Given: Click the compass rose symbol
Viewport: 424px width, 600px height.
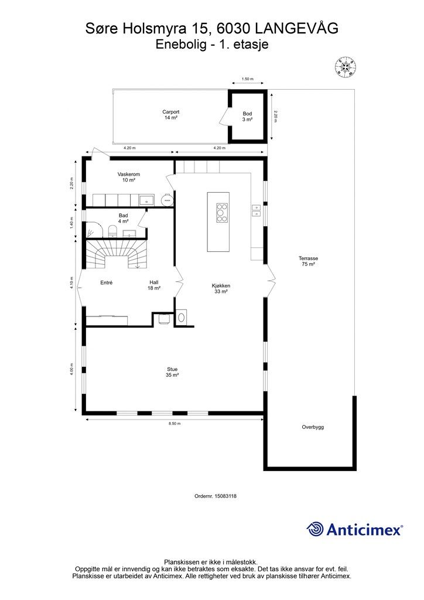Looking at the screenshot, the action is (x=346, y=67).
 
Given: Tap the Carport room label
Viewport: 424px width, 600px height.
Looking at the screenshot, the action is (x=171, y=115).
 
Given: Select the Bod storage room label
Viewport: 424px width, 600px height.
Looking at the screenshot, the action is (x=247, y=117).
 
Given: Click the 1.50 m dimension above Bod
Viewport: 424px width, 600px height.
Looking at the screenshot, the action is (x=248, y=79).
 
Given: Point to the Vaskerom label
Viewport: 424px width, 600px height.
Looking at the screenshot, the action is (x=128, y=177).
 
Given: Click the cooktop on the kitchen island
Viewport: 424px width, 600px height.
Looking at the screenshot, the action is (x=221, y=212).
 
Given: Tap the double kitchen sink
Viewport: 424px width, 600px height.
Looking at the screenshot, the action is (x=256, y=210).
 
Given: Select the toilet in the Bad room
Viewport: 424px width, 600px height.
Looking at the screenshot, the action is (x=112, y=231).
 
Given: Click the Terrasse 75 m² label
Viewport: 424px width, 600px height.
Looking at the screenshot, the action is (x=308, y=261).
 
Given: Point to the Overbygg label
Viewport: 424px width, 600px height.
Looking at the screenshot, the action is (x=313, y=427).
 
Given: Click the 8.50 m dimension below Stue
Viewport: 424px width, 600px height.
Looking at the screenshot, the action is (x=175, y=424).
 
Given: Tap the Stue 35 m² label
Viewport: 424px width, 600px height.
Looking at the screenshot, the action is (x=172, y=372).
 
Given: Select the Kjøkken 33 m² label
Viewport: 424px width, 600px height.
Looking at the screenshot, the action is (x=221, y=288).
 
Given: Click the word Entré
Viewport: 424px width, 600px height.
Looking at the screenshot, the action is (x=106, y=282).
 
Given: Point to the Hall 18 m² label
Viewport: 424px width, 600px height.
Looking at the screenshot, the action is (x=154, y=285).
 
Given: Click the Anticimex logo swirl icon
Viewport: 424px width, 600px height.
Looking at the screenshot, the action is (x=315, y=529).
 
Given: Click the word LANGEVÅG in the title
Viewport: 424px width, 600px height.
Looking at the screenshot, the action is (x=297, y=28).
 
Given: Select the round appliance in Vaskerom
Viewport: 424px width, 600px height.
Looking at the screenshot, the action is (x=167, y=199).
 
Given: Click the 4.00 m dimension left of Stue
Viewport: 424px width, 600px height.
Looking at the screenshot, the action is (x=71, y=370).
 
